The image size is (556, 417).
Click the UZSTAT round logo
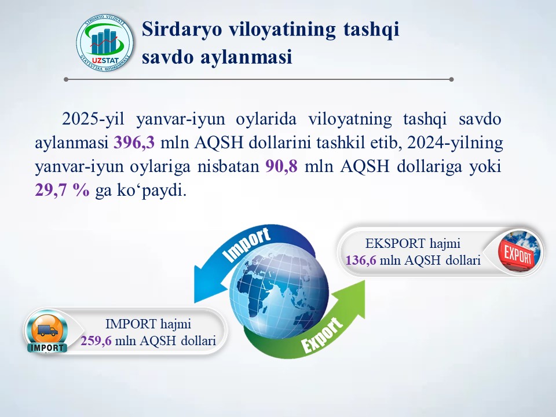(105, 43)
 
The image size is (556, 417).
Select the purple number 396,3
(134, 142)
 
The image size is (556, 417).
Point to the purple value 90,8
(281, 166)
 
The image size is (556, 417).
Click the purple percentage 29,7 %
(63, 190)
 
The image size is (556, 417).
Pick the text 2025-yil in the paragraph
(93, 119)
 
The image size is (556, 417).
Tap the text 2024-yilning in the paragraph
(455, 143)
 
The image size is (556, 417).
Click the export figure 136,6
(361, 260)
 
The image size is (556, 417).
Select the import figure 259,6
(96, 341)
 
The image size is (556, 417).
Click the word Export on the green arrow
(321, 335)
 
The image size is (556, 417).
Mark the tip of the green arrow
(365, 280)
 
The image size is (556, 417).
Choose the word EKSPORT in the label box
(396, 244)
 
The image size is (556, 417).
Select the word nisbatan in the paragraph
(228, 166)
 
